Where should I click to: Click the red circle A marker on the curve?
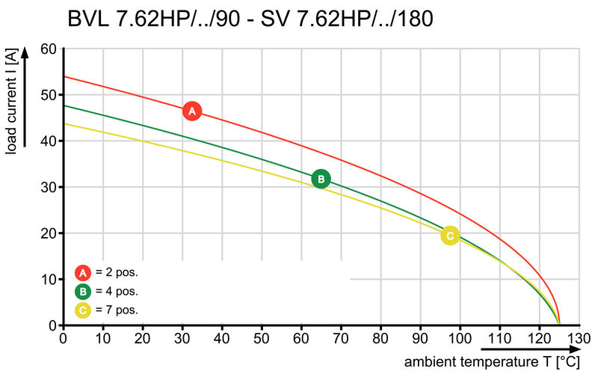(192, 111)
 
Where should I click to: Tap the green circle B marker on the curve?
(321, 179)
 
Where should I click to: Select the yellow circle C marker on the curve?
(449, 236)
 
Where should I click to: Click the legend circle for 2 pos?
(84, 272)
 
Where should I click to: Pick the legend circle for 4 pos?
(84, 291)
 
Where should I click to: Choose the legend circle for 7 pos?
(84, 309)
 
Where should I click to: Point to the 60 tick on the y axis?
(48, 49)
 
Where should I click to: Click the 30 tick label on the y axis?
(48, 187)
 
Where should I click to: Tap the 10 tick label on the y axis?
(48, 280)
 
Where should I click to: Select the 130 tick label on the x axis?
(578, 338)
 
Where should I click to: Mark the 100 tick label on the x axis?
(459, 338)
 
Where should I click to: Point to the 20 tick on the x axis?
(143, 338)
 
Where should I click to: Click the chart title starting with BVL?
(250, 19)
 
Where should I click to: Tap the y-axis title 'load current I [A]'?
(11, 102)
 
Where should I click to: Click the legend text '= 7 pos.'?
(117, 309)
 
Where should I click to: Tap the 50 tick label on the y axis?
(48, 95)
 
